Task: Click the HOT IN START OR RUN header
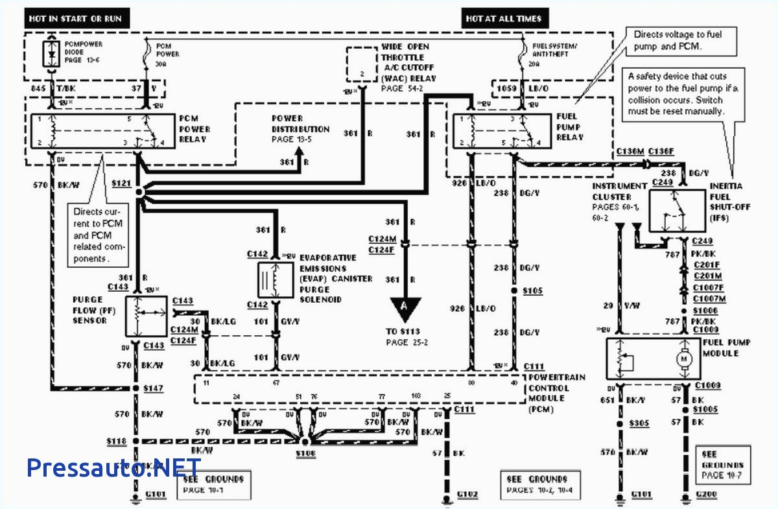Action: (x=75, y=19)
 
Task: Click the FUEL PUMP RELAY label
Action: (x=570, y=127)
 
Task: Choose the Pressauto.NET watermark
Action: (x=114, y=467)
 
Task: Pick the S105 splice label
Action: (x=533, y=291)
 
